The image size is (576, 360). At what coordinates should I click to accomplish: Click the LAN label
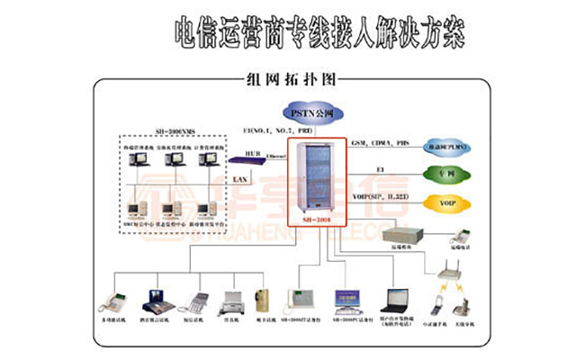240,180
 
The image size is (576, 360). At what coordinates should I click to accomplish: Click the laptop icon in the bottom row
395,299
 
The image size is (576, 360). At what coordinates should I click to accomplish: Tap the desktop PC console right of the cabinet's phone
348,300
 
